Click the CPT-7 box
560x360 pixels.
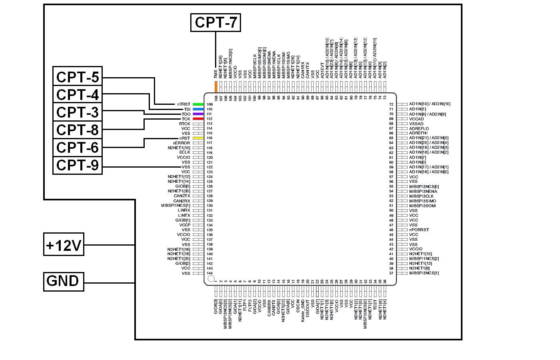(x=216, y=22)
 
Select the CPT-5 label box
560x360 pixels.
(x=78, y=77)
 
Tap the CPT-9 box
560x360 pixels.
(x=78, y=165)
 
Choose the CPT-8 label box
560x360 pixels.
(x=78, y=130)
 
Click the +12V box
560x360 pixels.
(x=64, y=244)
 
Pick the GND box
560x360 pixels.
(x=64, y=281)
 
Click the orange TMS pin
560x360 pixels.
(x=216, y=87)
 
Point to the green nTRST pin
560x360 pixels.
(x=198, y=104)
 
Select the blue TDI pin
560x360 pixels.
(x=198, y=109)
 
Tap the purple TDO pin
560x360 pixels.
(x=198, y=114)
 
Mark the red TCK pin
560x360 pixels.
(x=198, y=119)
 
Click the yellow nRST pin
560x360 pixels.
(x=198, y=138)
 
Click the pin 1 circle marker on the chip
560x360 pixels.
(x=211, y=278)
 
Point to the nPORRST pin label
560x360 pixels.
(x=419, y=230)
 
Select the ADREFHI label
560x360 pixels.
(x=418, y=133)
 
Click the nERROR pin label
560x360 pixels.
(x=181, y=143)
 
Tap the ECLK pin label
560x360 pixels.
(x=185, y=152)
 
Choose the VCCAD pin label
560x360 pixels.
(x=417, y=119)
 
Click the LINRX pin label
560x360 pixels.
(x=184, y=210)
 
